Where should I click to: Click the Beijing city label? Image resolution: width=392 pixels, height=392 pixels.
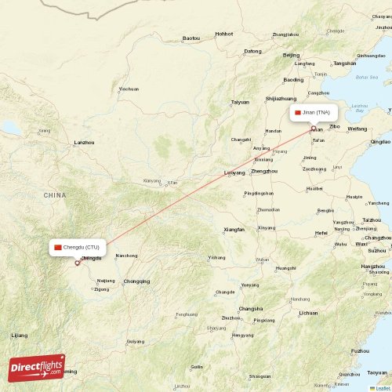click(x=292, y=56)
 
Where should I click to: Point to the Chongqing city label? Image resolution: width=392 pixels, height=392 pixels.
click(x=136, y=281)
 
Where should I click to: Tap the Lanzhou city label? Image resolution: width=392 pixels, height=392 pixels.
click(x=83, y=143)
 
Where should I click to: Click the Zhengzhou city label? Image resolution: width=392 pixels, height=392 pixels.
click(x=264, y=171)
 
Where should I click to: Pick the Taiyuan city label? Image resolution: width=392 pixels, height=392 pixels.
click(x=240, y=102)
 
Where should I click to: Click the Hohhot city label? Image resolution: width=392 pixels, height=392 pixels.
click(x=224, y=34)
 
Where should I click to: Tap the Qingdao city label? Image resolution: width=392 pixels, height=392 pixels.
click(x=381, y=142)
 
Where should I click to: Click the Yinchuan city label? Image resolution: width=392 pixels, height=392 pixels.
click(x=129, y=89)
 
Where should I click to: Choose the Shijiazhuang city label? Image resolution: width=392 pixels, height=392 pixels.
click(x=281, y=99)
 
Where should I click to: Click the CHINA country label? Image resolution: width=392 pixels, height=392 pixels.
click(x=55, y=194)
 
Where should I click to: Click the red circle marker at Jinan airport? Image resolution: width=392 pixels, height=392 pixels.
click(x=314, y=129)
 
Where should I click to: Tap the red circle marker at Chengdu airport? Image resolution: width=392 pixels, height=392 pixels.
click(x=77, y=263)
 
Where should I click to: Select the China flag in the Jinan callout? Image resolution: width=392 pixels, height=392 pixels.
click(x=298, y=113)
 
